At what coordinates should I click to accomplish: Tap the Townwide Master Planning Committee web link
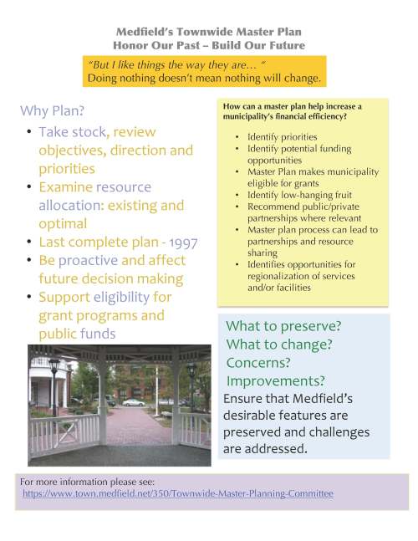coord(177,494)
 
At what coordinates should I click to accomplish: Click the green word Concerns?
coord(258,363)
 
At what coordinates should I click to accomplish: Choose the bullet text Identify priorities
coord(283,136)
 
